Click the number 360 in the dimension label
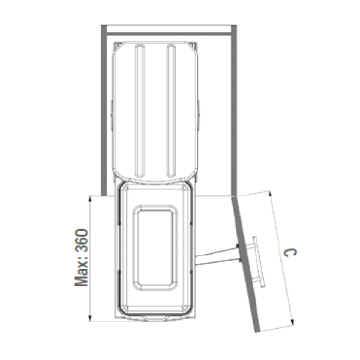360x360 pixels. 82,241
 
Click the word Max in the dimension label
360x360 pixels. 82,274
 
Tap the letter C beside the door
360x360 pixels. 290,253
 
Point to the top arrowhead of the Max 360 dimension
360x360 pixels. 90,199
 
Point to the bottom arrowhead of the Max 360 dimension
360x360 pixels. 90,318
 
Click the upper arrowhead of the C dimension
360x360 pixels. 270,193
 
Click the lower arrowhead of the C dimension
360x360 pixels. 292,322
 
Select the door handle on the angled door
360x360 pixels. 258,262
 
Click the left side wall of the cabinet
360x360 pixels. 104,110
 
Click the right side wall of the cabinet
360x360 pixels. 234,110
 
